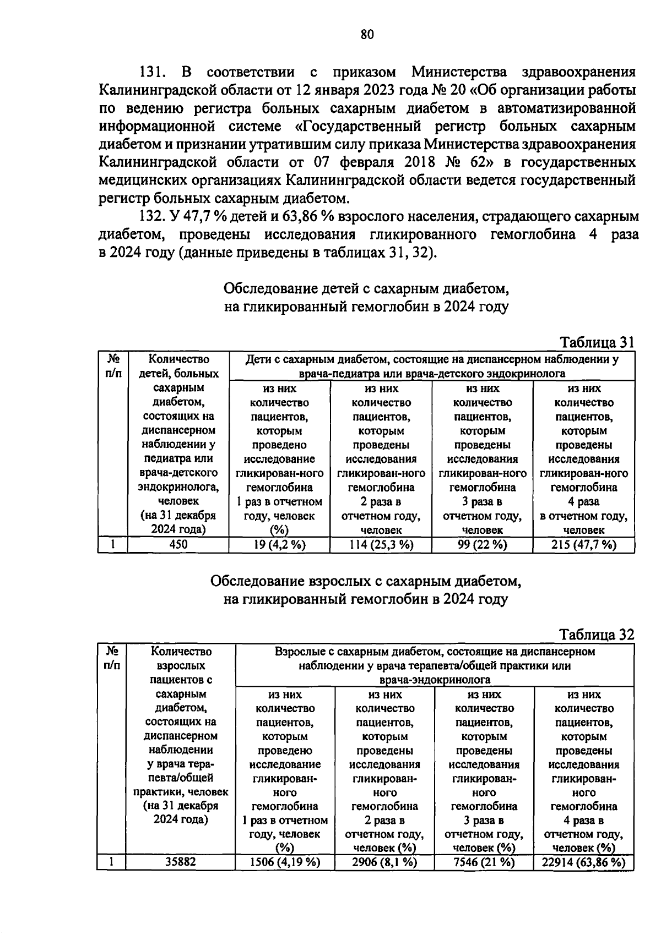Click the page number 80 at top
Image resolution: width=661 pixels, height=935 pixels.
tap(367, 35)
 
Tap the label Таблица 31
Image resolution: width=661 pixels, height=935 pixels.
tap(597, 342)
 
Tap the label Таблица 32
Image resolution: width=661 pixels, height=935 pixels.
tap(597, 635)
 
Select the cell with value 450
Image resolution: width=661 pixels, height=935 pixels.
tap(178, 545)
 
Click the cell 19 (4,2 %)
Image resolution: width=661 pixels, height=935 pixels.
tap(279, 545)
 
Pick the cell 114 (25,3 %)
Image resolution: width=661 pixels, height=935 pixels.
tap(381, 545)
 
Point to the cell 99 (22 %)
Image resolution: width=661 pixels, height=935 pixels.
tap(482, 545)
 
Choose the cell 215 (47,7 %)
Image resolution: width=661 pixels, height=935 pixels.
tap(583, 545)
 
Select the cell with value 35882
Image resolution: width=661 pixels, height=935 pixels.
tap(180, 862)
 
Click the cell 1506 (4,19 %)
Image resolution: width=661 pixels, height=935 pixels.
tap(285, 862)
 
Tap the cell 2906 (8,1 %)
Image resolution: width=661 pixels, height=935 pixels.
tap(384, 862)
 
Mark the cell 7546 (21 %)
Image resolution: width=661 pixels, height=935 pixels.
tap(484, 862)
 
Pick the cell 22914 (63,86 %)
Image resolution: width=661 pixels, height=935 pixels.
tap(583, 862)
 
